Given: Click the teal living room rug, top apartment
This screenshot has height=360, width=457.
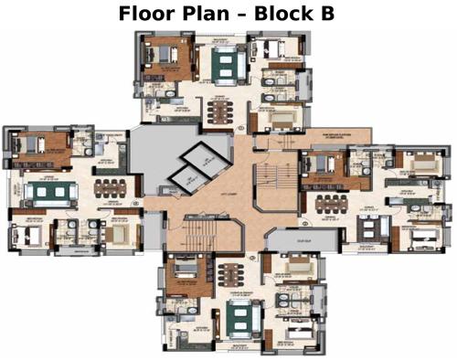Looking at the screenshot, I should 225,66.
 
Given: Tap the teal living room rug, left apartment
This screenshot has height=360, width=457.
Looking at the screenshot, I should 43,193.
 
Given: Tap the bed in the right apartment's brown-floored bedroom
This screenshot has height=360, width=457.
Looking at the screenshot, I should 320,166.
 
